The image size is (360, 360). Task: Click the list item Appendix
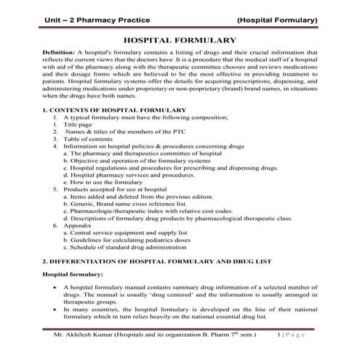(x=79, y=225)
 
